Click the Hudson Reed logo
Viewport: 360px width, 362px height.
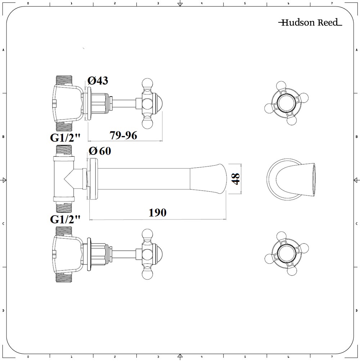pos(310,23)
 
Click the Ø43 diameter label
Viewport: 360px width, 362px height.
pos(98,81)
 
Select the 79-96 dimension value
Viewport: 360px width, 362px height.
pos(123,135)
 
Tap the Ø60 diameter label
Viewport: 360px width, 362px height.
pos(100,151)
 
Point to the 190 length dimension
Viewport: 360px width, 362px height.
pos(158,213)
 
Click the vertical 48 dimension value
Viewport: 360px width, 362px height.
pos(236,179)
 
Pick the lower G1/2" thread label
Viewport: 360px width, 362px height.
pos(65,219)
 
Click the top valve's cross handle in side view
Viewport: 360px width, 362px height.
pos(148,104)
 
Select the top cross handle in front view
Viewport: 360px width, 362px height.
pos(287,103)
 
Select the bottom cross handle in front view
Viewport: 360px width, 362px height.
pos(287,253)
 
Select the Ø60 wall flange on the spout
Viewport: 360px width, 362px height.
pos(93,179)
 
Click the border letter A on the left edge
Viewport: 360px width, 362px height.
pos(3,50)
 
